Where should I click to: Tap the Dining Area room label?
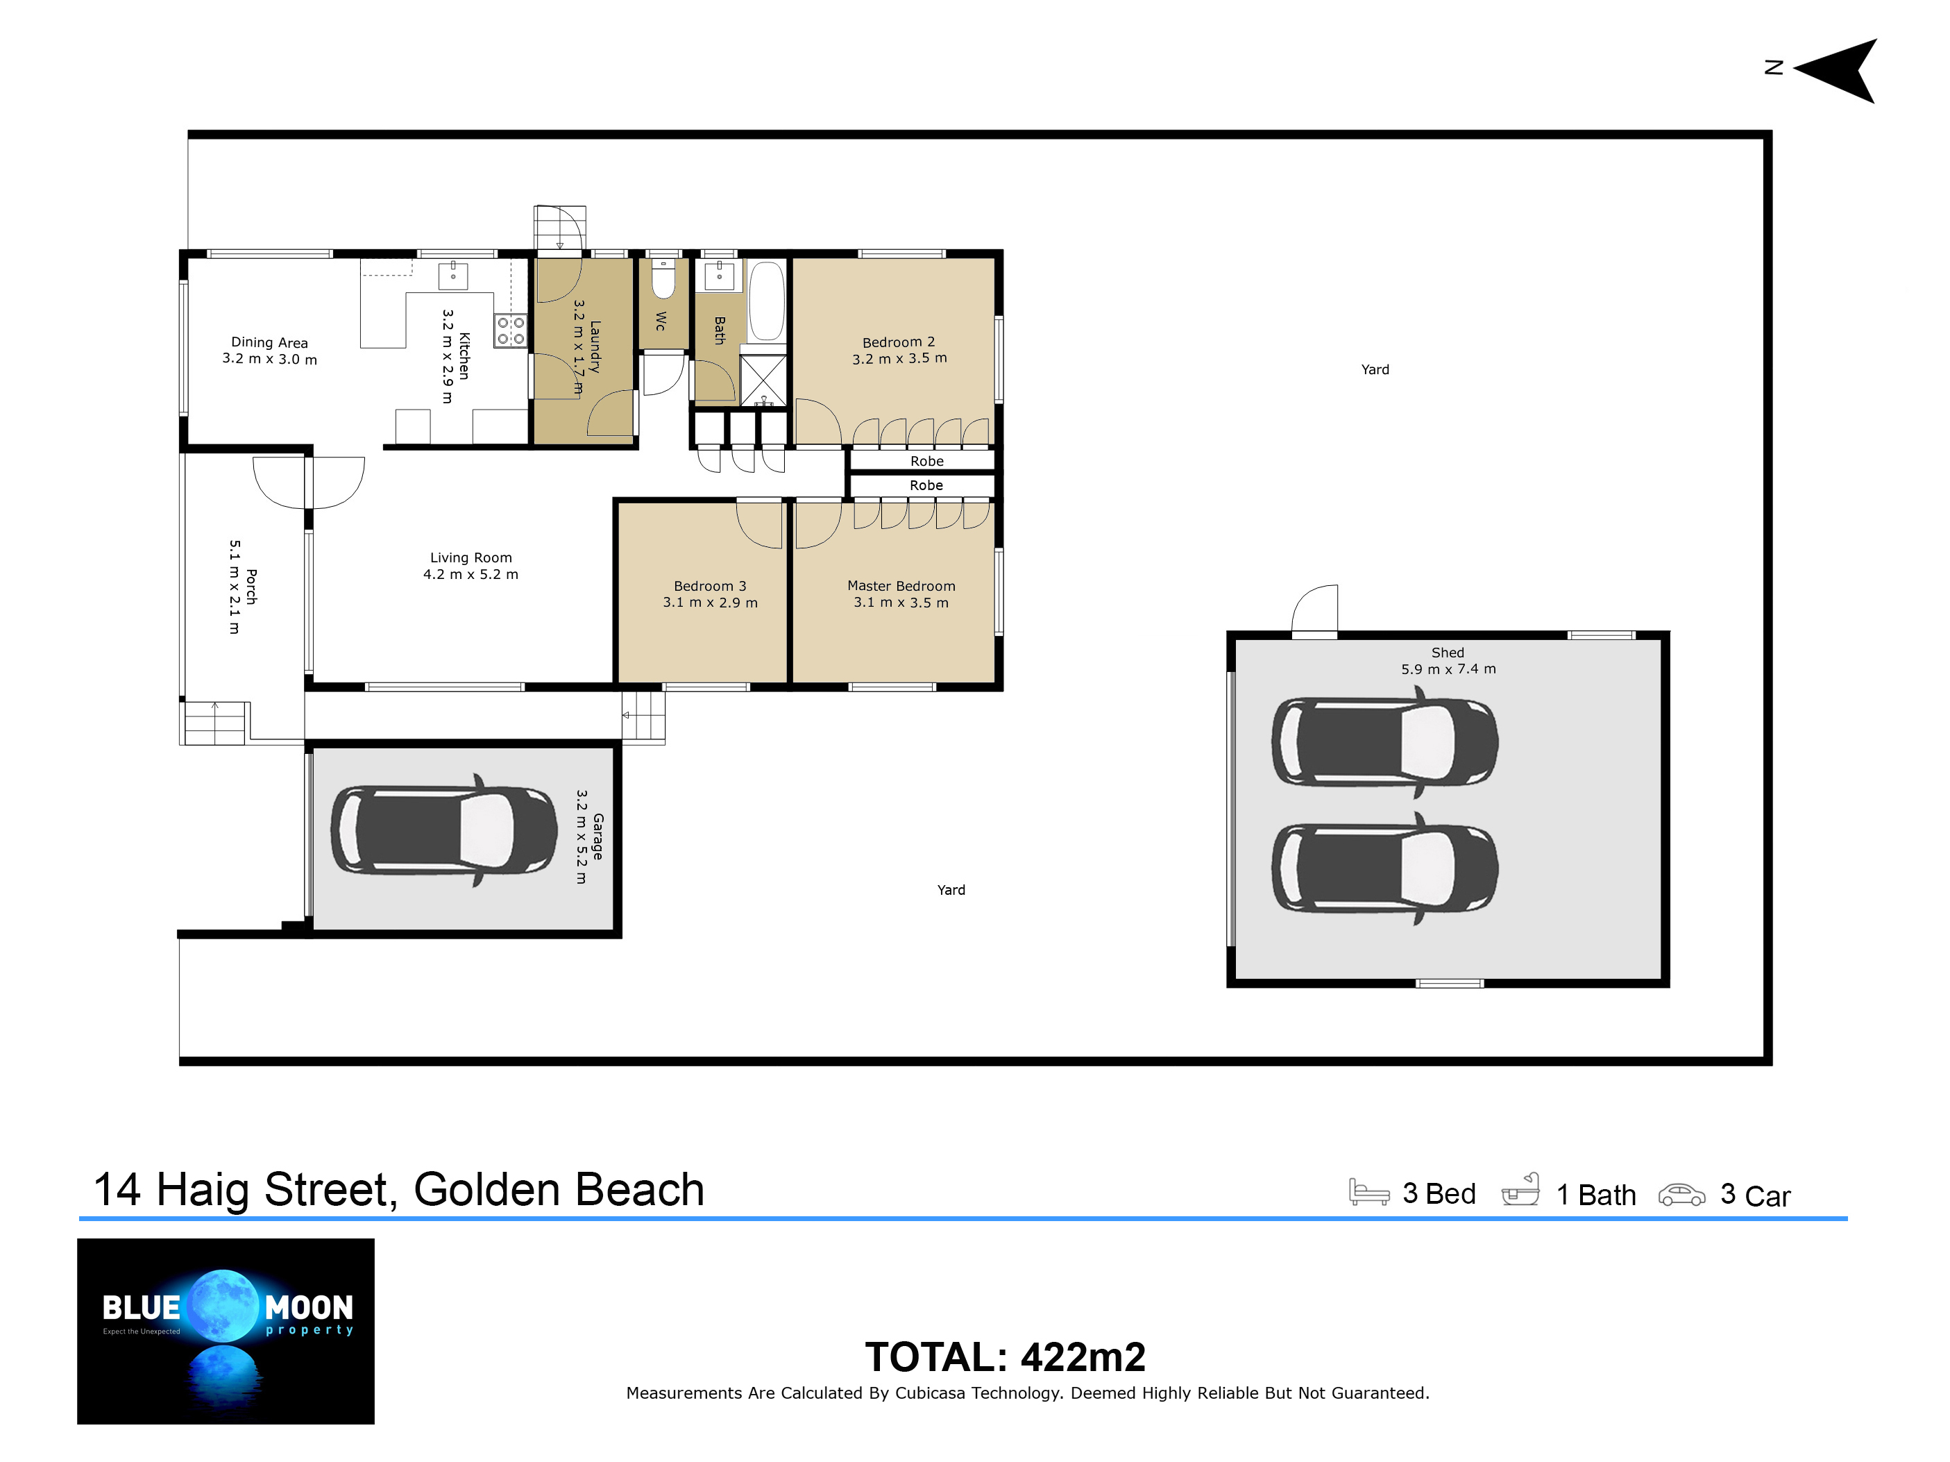click(270, 342)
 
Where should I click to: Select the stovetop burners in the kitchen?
click(511, 330)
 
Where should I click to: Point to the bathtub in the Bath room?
click(766, 300)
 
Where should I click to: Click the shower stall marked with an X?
click(763, 380)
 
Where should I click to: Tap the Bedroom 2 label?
click(898, 342)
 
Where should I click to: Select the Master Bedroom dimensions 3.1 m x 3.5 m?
click(901, 603)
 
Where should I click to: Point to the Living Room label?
click(470, 557)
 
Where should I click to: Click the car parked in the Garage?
click(444, 830)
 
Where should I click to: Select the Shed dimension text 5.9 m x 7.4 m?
click(1448, 669)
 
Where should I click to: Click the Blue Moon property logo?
click(226, 1331)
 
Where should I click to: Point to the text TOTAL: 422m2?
click(1005, 1357)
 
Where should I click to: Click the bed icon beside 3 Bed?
click(1369, 1191)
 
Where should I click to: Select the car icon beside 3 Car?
click(1682, 1194)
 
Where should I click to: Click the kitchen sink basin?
click(453, 274)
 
